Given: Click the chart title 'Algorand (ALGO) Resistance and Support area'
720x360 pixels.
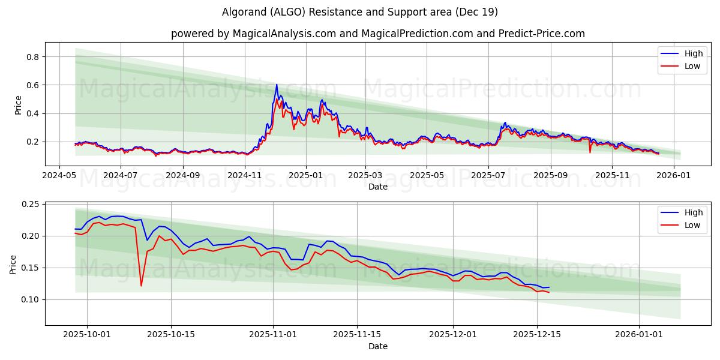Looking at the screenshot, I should click(359, 12).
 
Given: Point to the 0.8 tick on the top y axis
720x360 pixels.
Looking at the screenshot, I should click(31, 57).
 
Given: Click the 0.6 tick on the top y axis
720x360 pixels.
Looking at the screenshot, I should click(31, 85).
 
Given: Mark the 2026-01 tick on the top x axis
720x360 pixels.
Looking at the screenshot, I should click(675, 176).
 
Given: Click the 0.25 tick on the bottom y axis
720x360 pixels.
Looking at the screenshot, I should click(29, 205).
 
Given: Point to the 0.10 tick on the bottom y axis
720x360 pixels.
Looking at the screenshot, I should click(29, 299).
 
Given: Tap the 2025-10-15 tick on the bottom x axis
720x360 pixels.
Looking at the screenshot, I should click(171, 335).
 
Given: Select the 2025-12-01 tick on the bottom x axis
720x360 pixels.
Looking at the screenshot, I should click(453, 335).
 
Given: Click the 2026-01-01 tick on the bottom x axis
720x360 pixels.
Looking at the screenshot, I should click(639, 335).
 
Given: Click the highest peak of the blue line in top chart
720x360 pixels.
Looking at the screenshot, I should click(277, 85).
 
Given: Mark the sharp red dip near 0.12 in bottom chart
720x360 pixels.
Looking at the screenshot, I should click(141, 285).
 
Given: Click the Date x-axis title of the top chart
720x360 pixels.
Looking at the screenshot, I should click(378, 187).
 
